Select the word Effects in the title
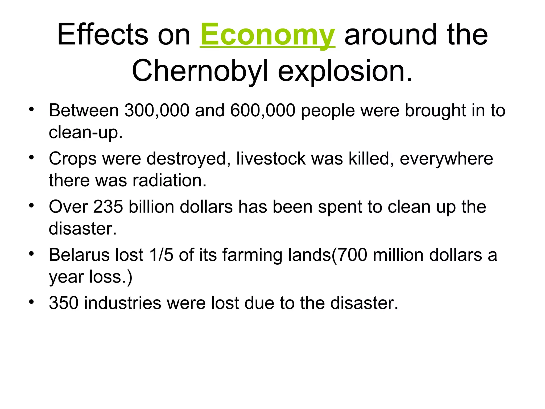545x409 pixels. click(x=102, y=35)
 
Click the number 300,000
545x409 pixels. click(x=157, y=111)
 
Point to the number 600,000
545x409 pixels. click(x=263, y=111)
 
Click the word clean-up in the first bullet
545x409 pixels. click(x=85, y=132)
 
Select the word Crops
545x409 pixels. click(x=73, y=159)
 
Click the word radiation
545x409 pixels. click(x=169, y=181)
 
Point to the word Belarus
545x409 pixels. click(x=79, y=255)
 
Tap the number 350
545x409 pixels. click(x=64, y=303)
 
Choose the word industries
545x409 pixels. click(x=123, y=303)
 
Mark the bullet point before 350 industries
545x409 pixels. click(x=32, y=302)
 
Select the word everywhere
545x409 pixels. click(x=446, y=159)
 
